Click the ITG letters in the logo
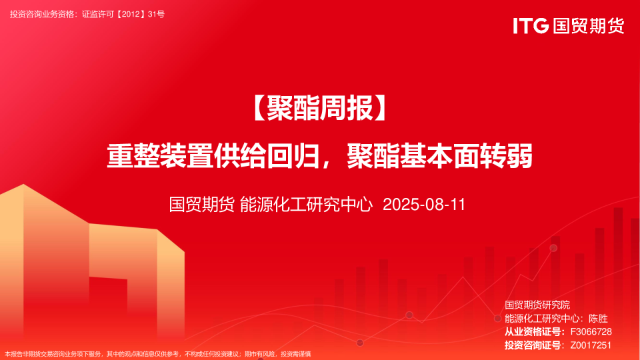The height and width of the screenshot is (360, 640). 531,26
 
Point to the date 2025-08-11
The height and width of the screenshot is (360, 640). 424,205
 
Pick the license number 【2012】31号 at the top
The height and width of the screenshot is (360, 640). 140,13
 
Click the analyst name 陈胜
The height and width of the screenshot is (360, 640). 599,319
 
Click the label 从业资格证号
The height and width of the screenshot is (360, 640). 533,332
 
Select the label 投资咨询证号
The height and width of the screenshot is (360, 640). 533,345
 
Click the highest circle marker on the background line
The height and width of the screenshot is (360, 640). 553,248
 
